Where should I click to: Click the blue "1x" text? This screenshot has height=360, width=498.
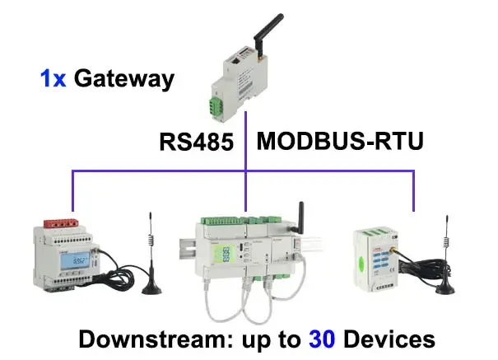coord(54,79)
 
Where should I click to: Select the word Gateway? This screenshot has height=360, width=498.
coord(123,79)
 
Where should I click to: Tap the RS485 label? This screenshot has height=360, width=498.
coord(197,141)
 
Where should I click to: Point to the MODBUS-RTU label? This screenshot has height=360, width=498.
coord(340,140)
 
